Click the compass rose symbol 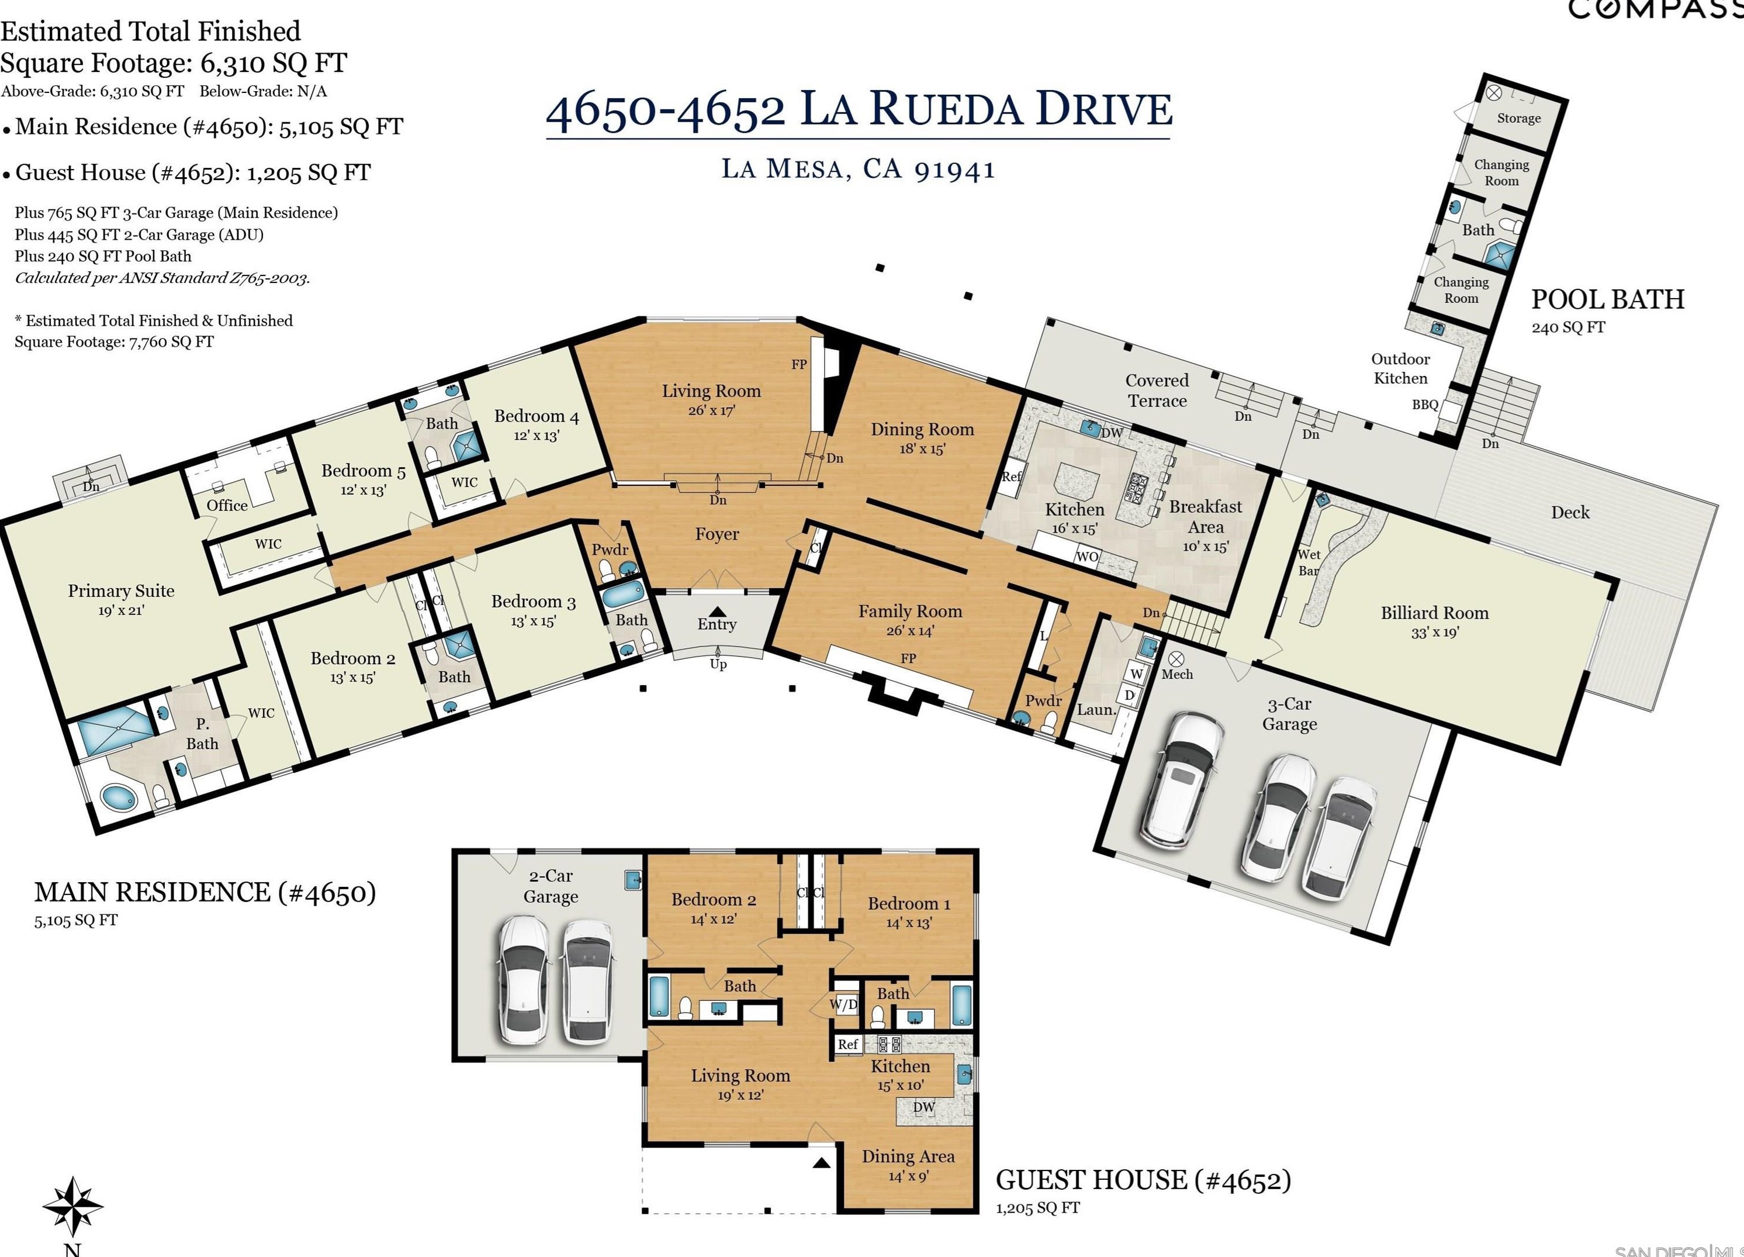click(72, 1206)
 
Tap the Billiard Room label click(1434, 613)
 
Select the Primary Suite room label click(121, 591)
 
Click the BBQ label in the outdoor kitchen click(1424, 405)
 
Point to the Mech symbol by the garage click(1176, 659)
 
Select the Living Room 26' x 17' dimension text click(711, 411)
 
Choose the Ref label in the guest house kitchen click(847, 1044)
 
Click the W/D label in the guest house click(843, 1004)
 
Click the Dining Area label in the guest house click(908, 1156)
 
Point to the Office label click(227, 505)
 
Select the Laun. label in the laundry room click(1096, 710)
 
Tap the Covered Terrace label click(1157, 390)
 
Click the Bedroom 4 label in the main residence click(536, 416)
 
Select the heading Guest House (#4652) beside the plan click(1143, 1180)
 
